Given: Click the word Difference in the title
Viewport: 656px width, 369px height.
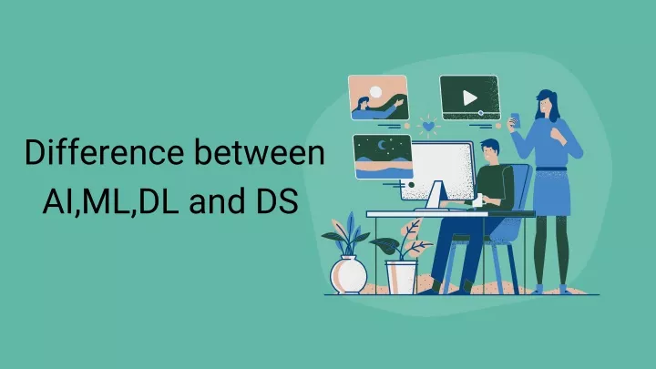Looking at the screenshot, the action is click(104, 152).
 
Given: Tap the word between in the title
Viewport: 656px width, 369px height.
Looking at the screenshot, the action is click(260, 152).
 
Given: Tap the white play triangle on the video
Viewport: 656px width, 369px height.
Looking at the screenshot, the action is click(470, 98).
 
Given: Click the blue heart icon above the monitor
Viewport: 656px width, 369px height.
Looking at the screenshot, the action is click(428, 126).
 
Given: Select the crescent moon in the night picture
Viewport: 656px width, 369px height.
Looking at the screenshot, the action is click(382, 145).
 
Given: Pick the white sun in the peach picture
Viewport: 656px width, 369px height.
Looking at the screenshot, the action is click(375, 92).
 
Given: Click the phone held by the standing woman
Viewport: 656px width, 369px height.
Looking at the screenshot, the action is click(516, 120).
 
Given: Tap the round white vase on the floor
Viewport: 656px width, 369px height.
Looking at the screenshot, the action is click(348, 274).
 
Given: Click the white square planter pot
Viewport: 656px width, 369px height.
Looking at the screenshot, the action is click(401, 277).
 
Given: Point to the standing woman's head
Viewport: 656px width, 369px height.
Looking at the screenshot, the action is click(547, 104).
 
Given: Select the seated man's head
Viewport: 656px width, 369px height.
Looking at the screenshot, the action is click(490, 152).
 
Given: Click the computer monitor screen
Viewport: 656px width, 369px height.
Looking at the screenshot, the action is click(437, 170).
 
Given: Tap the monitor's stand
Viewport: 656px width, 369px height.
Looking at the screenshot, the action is click(436, 196).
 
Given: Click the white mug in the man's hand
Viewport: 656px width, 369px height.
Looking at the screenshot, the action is click(477, 200).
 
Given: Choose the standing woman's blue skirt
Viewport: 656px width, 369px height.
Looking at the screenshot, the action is click(552, 192).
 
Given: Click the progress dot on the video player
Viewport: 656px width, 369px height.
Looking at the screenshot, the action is click(481, 113).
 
